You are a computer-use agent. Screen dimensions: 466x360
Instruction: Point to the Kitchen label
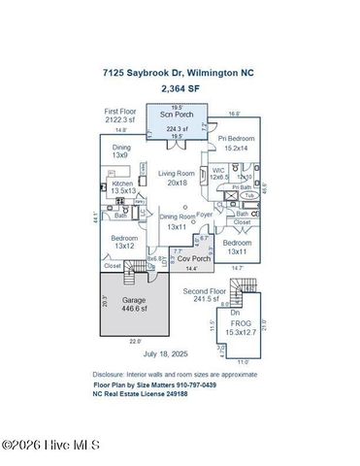(x=122, y=186)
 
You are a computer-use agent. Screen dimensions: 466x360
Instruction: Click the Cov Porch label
(x=193, y=259)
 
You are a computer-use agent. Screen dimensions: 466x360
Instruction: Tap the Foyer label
(x=205, y=215)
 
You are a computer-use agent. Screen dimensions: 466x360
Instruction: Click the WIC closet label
(x=218, y=173)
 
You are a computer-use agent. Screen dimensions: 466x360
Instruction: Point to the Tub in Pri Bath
(x=249, y=195)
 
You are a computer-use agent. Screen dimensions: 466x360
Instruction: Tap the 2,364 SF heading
(x=180, y=87)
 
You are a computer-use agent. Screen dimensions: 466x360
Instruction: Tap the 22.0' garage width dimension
(x=136, y=341)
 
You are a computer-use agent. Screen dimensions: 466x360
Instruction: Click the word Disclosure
(x=112, y=374)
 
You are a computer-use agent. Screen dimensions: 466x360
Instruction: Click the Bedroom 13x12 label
(x=123, y=242)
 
